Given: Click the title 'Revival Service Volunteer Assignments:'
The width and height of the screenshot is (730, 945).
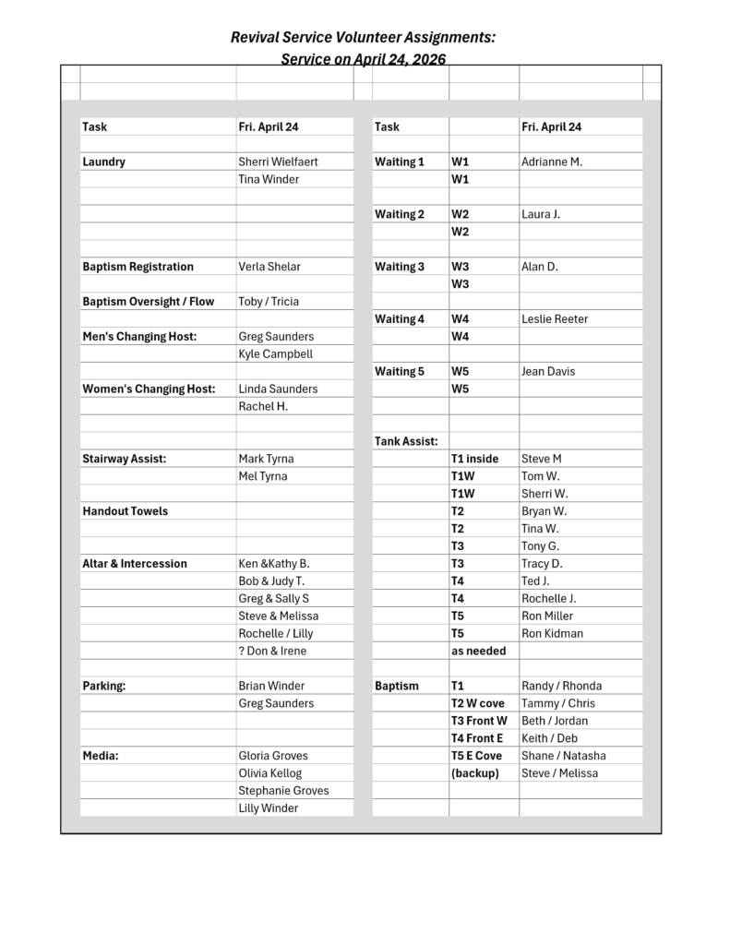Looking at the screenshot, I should [x=363, y=37].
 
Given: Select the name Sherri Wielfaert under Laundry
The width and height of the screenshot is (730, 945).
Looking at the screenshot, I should [x=278, y=161].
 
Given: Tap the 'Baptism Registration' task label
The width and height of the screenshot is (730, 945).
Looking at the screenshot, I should [x=138, y=267].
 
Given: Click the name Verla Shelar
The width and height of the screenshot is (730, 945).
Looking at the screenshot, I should [x=269, y=267].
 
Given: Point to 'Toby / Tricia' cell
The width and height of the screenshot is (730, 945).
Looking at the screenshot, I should [x=269, y=302].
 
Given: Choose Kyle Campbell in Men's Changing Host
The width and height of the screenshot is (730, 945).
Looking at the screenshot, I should [x=275, y=354].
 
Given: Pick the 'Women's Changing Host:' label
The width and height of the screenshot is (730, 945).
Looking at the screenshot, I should [x=149, y=389].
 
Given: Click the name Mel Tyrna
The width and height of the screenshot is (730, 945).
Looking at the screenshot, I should [x=262, y=476].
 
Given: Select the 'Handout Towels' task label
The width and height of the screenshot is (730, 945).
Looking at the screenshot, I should [x=125, y=511].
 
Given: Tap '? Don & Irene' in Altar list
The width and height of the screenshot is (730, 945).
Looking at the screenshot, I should [x=272, y=651].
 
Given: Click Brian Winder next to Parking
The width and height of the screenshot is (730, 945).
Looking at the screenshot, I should [x=271, y=686].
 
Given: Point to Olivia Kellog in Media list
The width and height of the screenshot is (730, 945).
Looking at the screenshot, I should [x=269, y=773].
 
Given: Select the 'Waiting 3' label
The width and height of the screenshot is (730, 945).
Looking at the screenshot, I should [x=399, y=267].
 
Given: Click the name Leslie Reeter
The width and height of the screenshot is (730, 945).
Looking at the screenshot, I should [x=555, y=319].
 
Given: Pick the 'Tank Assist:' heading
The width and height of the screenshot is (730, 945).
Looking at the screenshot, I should [x=406, y=441].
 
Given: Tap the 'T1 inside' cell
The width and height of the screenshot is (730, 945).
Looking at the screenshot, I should [x=474, y=459].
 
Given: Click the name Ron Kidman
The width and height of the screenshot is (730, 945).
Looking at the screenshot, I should [x=552, y=633].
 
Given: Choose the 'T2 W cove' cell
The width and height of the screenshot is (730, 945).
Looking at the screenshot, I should [x=477, y=703].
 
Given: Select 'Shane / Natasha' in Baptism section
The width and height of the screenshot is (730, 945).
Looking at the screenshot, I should [x=564, y=756].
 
